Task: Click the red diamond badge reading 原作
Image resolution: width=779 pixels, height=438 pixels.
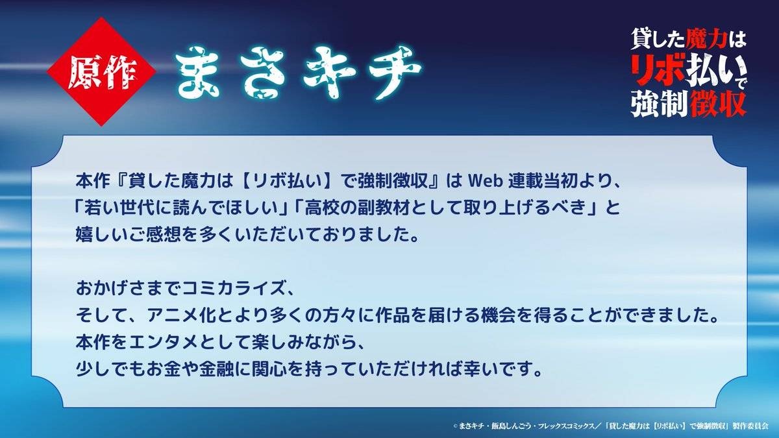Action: pos(101,71)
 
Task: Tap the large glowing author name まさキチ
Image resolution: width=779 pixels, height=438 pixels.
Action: pos(299,72)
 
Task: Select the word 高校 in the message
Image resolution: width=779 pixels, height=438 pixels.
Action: pos(321,208)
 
